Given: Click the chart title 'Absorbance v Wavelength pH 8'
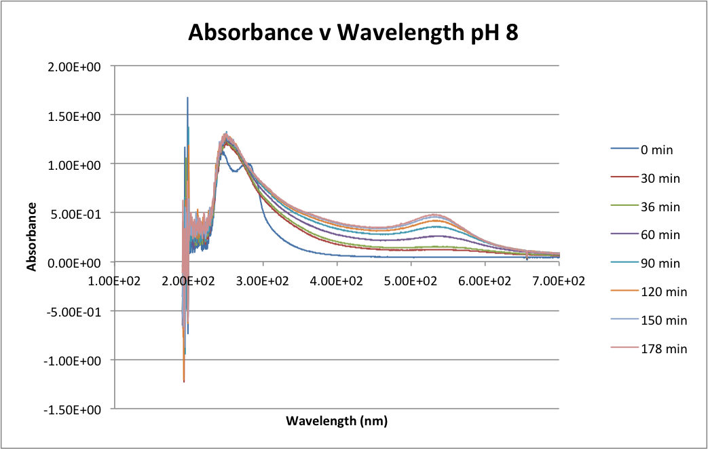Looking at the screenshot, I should (x=353, y=33).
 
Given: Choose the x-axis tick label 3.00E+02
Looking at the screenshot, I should (x=263, y=280).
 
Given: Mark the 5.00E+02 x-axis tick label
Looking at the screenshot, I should (x=411, y=280).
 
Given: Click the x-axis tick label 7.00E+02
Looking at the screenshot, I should (x=559, y=280).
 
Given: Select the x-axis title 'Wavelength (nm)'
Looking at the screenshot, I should (x=337, y=421).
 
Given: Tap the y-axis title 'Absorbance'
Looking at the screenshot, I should (x=32, y=236).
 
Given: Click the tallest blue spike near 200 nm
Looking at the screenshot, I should (x=187, y=98).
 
